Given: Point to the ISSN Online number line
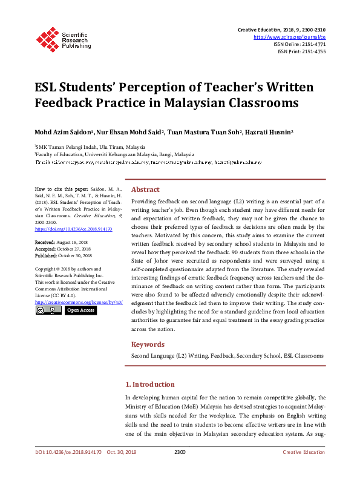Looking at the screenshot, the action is pos(299,44).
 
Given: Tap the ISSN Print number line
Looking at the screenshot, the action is pos(301,51).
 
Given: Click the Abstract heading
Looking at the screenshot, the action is pos(145,189).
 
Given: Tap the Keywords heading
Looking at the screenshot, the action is pos(148,344).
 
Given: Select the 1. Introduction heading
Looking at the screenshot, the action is pos(149,384).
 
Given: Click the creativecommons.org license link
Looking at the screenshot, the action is pos(79,301).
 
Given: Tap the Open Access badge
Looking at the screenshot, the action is pos(80,310).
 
